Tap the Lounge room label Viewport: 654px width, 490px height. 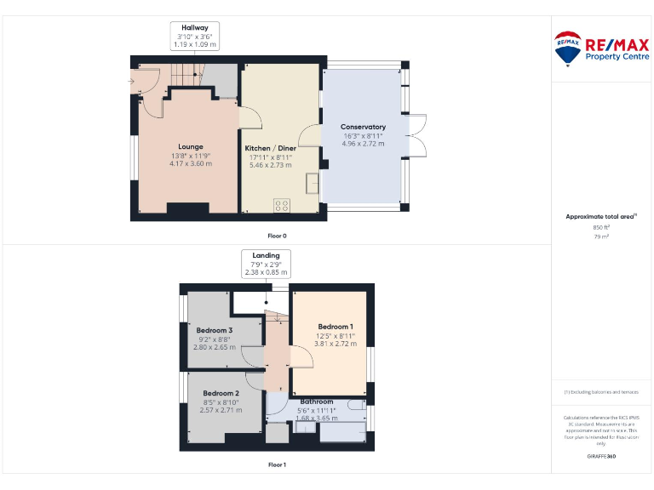point(191,146)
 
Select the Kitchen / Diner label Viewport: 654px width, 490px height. point(271,148)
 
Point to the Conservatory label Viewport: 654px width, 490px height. point(363,127)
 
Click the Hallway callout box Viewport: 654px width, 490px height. point(195,35)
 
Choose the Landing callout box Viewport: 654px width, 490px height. point(266,264)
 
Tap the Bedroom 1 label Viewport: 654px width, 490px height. point(336,327)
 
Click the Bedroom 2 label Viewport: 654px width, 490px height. point(221,393)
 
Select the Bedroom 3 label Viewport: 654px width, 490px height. point(214,330)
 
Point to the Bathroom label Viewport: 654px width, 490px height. point(316,401)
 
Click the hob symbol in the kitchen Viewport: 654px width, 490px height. point(282,205)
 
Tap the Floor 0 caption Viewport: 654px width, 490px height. point(278,235)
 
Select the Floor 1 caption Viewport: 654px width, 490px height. point(278,464)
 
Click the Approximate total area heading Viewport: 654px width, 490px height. point(601,217)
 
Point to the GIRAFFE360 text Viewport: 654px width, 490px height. point(601,457)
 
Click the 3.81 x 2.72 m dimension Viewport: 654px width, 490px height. point(336,344)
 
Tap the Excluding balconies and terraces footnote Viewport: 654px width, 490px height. point(601,391)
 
